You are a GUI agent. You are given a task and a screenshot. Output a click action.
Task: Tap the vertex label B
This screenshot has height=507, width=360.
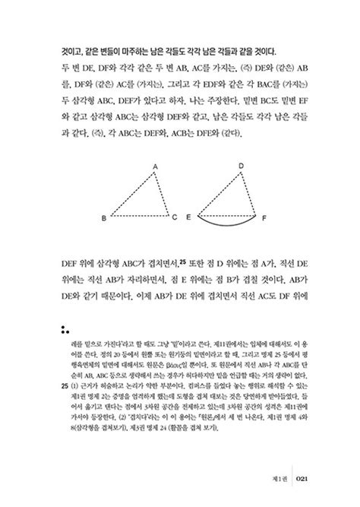[x=104, y=219]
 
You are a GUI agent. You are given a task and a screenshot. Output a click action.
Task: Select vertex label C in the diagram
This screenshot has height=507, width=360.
[x=175, y=217]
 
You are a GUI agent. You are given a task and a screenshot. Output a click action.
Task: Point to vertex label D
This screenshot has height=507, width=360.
[x=241, y=165]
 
